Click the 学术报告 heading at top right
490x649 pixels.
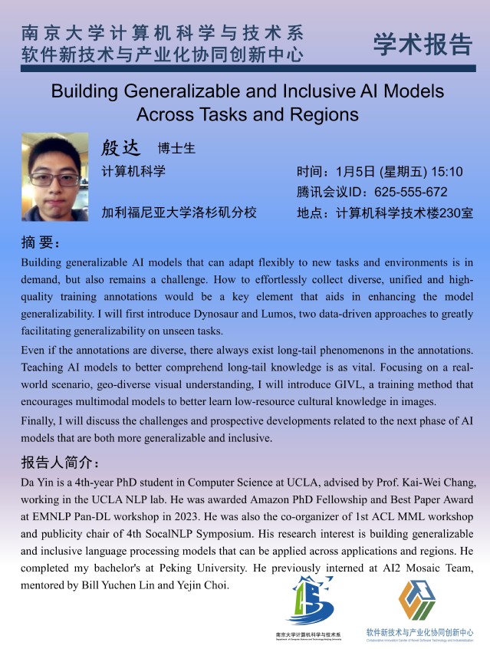coord(422,44)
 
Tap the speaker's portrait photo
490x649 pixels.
coord(55,176)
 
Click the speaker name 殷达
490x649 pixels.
coord(123,147)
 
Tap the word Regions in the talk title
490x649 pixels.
coord(321,115)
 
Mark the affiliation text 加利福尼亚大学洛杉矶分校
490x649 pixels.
coord(179,212)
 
